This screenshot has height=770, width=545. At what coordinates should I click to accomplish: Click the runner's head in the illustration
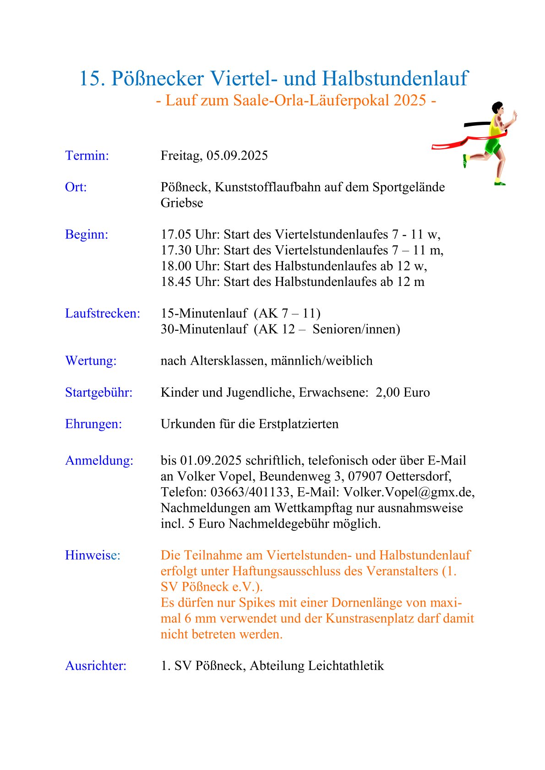[x=497, y=108]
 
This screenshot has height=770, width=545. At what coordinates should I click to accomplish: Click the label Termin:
[x=87, y=156]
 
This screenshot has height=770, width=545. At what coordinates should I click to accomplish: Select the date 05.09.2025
[x=237, y=156]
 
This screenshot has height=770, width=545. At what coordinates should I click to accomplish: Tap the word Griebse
[x=182, y=203]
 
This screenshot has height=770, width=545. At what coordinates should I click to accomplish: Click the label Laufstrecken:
[x=103, y=313]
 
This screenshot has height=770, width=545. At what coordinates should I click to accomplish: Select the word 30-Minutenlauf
[x=204, y=329]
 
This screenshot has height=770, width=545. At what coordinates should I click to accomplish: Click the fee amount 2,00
[x=387, y=393]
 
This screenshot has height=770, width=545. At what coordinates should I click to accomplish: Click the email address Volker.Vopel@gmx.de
[x=408, y=492]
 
